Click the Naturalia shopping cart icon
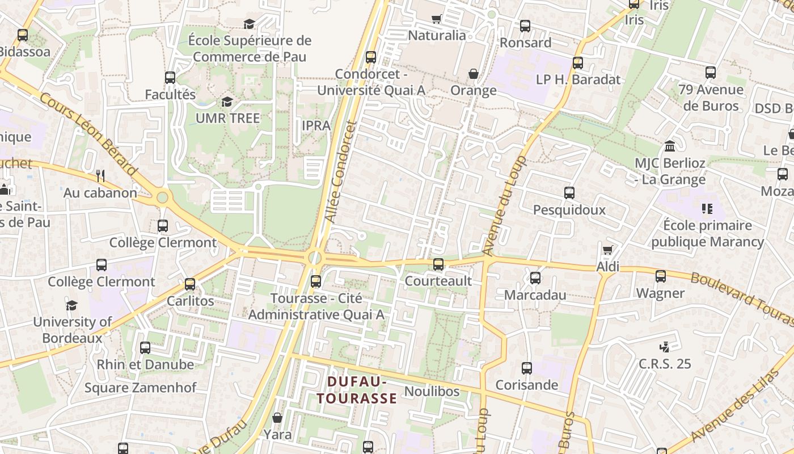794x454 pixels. point(437,19)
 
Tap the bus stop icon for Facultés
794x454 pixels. point(170,78)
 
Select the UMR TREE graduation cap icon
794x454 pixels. point(227,102)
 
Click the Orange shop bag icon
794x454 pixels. point(473,74)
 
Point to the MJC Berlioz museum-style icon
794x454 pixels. point(670,146)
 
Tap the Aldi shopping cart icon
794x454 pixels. point(608,250)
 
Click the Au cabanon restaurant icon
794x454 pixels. point(100,176)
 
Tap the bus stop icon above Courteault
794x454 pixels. point(438,264)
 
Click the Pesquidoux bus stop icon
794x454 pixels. point(569,193)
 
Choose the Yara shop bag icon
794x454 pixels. point(277,418)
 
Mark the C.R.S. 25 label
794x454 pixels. point(665,364)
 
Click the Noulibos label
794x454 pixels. point(432,391)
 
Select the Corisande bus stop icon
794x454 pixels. point(527,368)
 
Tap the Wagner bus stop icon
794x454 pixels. point(661,276)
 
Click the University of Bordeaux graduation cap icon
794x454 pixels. point(71,305)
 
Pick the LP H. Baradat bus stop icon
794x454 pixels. point(578,63)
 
